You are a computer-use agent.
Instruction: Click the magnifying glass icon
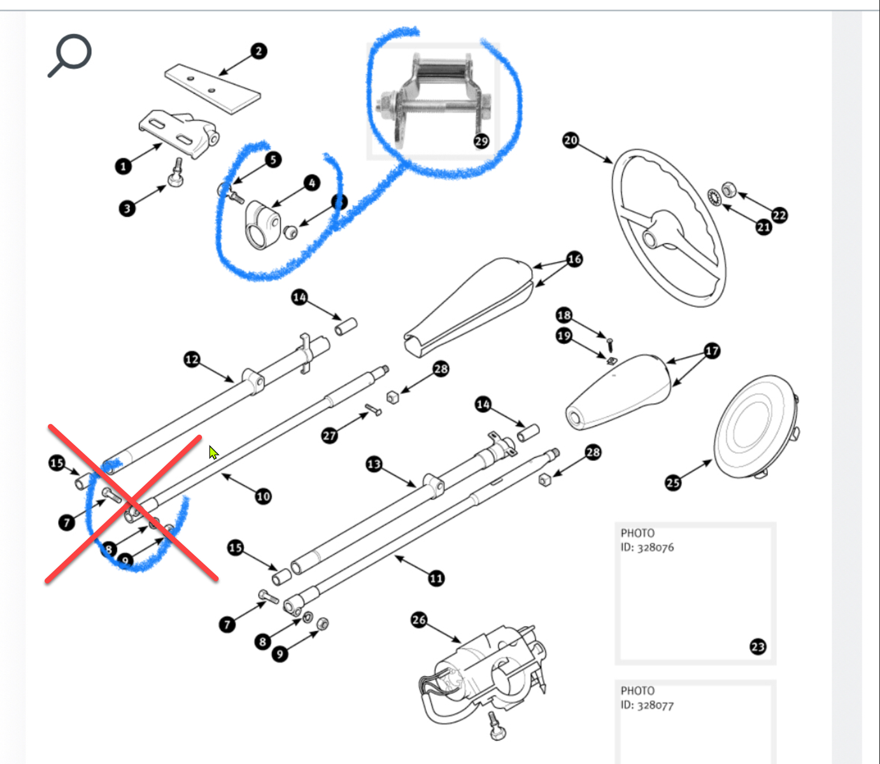pyautogui.click(x=70, y=55)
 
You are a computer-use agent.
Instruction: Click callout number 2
pyautogui.click(x=258, y=51)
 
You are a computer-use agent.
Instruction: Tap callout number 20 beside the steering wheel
pyautogui.click(x=571, y=140)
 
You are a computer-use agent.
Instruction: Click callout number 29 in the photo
pyautogui.click(x=481, y=141)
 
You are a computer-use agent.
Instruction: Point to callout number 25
pyautogui.click(x=673, y=483)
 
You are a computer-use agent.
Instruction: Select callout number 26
pyautogui.click(x=418, y=619)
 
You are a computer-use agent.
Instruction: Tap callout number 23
pyautogui.click(x=757, y=647)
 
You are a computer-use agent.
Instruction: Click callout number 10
pyautogui.click(x=263, y=497)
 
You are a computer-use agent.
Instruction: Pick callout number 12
pyautogui.click(x=192, y=360)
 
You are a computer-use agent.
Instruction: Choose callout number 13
pyautogui.click(x=374, y=464)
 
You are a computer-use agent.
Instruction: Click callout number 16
pyautogui.click(x=574, y=259)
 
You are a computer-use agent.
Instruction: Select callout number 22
pyautogui.click(x=779, y=215)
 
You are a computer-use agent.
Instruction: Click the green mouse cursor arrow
pyautogui.click(x=213, y=452)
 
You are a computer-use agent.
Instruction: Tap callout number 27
pyautogui.click(x=329, y=435)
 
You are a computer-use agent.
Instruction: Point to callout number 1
pyautogui.click(x=124, y=167)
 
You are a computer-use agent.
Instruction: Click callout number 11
pyautogui.click(x=436, y=579)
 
